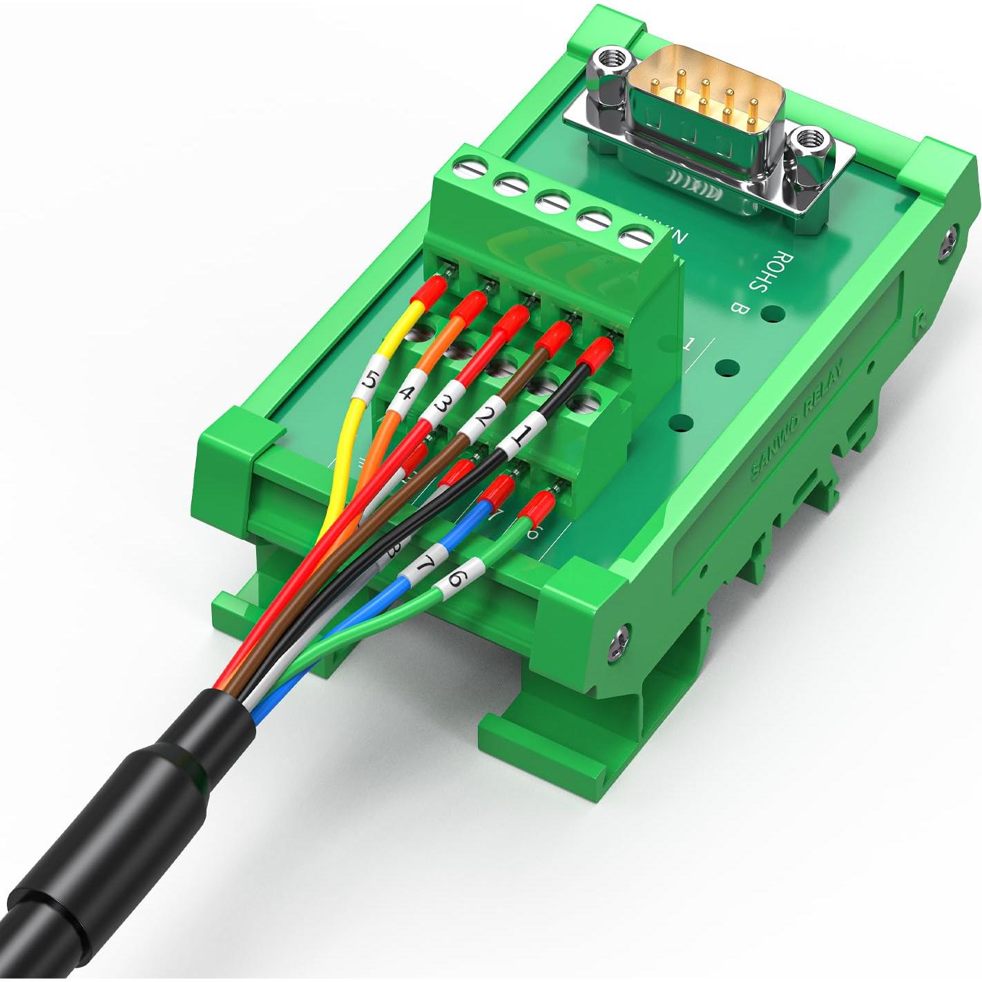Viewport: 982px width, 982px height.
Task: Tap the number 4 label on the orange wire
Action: (x=405, y=396)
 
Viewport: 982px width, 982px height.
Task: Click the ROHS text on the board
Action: (x=769, y=271)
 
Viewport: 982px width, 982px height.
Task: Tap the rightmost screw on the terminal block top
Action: (x=636, y=238)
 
